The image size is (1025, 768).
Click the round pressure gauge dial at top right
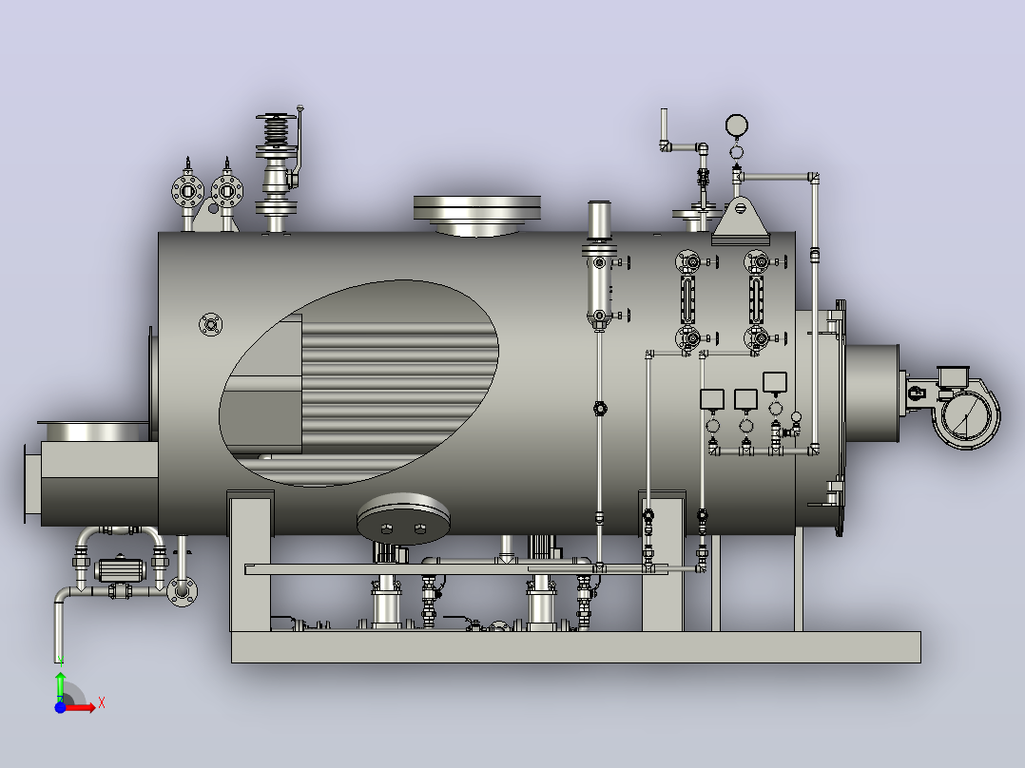[737, 125]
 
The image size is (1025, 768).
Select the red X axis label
[102, 703]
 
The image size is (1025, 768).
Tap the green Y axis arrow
[60, 685]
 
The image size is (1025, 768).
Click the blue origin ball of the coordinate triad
[60, 707]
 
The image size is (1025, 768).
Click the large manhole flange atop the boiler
[477, 215]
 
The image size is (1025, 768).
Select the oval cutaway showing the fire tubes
[358, 383]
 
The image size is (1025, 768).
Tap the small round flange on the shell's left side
[210, 324]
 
